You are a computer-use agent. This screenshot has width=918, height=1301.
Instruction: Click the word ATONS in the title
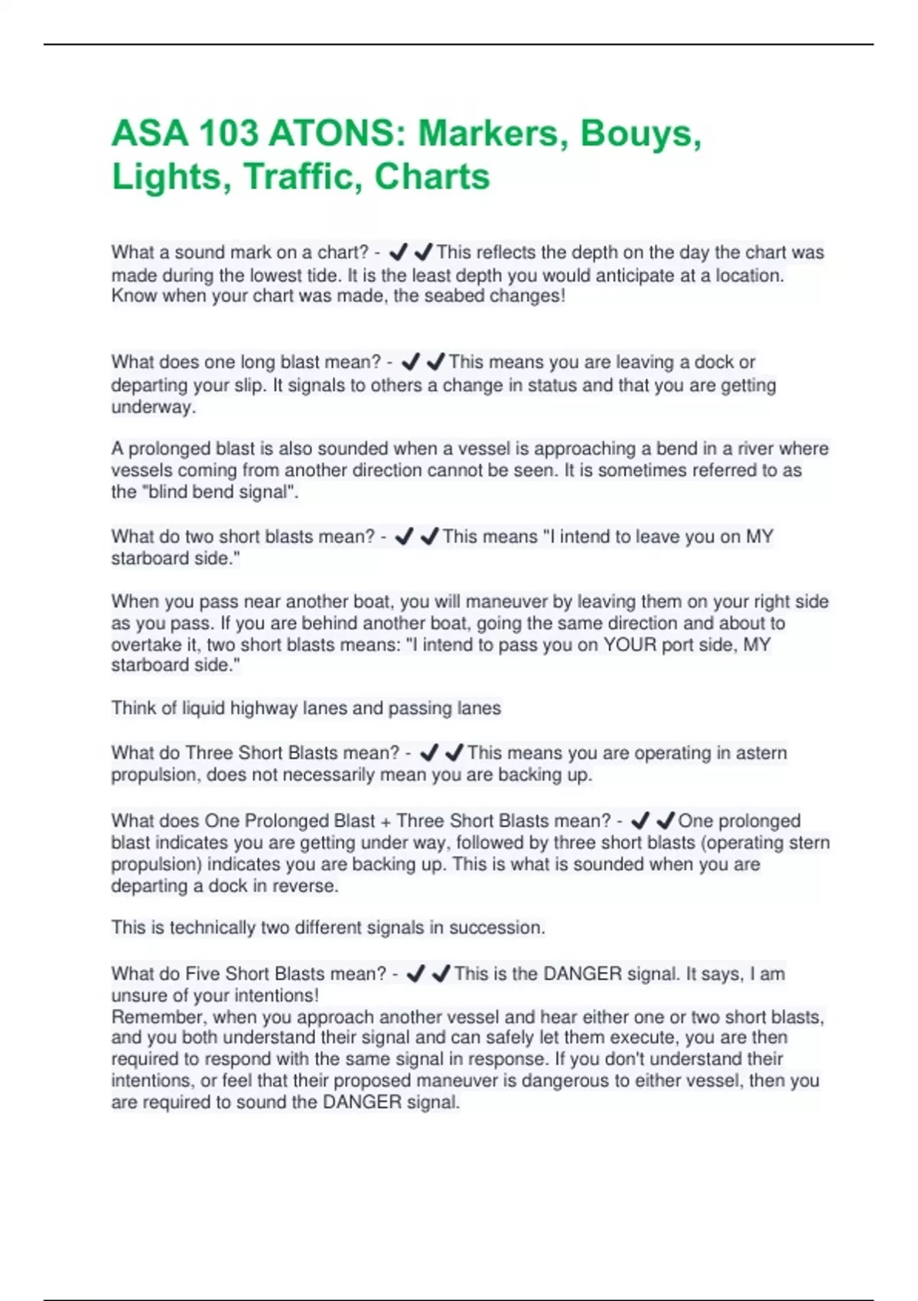pyautogui.click(x=334, y=134)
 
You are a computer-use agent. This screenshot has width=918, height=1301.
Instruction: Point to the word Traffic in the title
pyautogui.click(x=302, y=177)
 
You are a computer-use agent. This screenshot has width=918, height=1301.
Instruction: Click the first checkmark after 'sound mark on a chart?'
pyautogui.click(x=398, y=252)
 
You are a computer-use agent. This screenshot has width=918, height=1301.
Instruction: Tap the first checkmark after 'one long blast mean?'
pyautogui.click(x=411, y=361)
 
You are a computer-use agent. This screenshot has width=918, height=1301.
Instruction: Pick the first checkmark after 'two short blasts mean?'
pyautogui.click(x=404, y=536)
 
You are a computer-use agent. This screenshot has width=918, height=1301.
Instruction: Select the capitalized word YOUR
pyautogui.click(x=630, y=645)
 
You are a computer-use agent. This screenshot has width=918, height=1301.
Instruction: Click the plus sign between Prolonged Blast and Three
pyautogui.click(x=386, y=821)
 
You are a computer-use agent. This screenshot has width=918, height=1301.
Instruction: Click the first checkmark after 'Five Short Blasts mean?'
pyautogui.click(x=415, y=974)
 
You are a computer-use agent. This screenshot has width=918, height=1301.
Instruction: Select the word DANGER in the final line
pyautogui.click(x=362, y=1103)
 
